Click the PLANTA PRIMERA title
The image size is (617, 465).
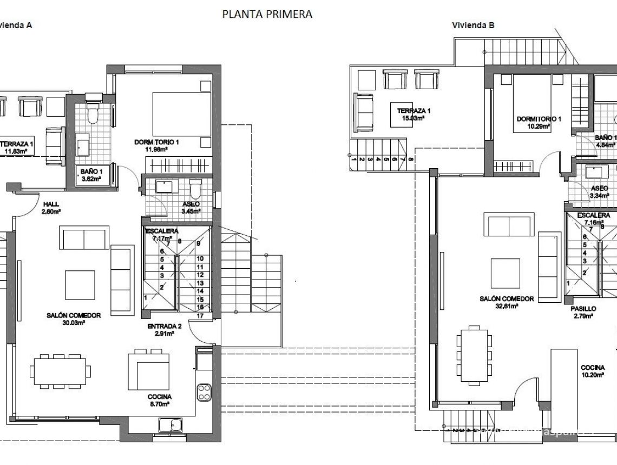point(267,15)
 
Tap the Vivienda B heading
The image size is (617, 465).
point(472,25)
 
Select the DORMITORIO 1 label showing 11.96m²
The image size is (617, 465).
point(157,146)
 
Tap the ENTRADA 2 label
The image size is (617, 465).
point(164,330)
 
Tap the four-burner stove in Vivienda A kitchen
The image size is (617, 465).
point(205,391)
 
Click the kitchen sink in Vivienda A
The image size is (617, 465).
point(170,425)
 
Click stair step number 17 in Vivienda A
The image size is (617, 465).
point(200,316)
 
